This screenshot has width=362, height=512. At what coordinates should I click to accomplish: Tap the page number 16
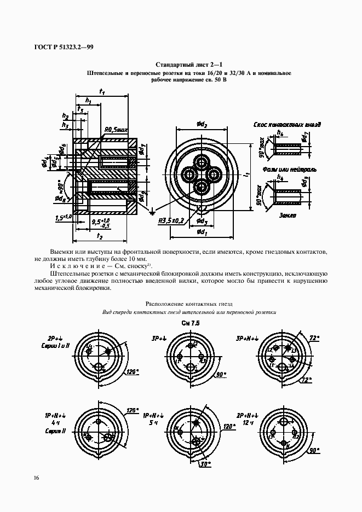click(36, 478)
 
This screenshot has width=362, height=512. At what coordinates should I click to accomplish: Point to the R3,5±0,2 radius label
click(170, 220)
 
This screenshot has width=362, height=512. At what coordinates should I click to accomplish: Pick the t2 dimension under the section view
click(100, 236)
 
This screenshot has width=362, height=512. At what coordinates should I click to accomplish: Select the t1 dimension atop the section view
click(102, 92)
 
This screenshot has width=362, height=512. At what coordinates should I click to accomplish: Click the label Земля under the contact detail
click(288, 216)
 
